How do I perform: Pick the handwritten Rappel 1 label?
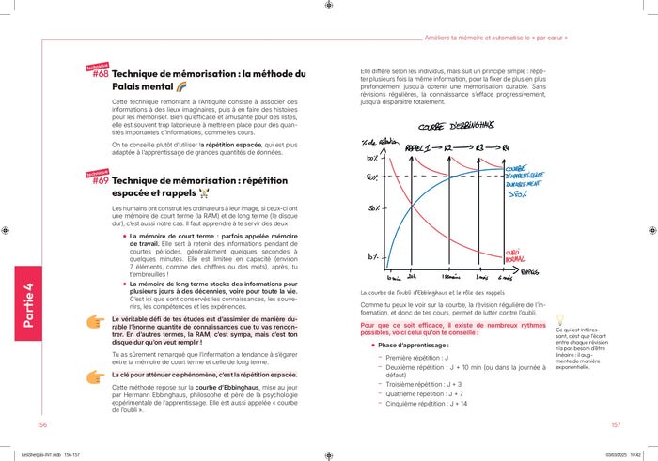(x=416, y=148)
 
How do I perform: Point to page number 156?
(x=42, y=425)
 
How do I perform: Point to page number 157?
(x=616, y=425)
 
